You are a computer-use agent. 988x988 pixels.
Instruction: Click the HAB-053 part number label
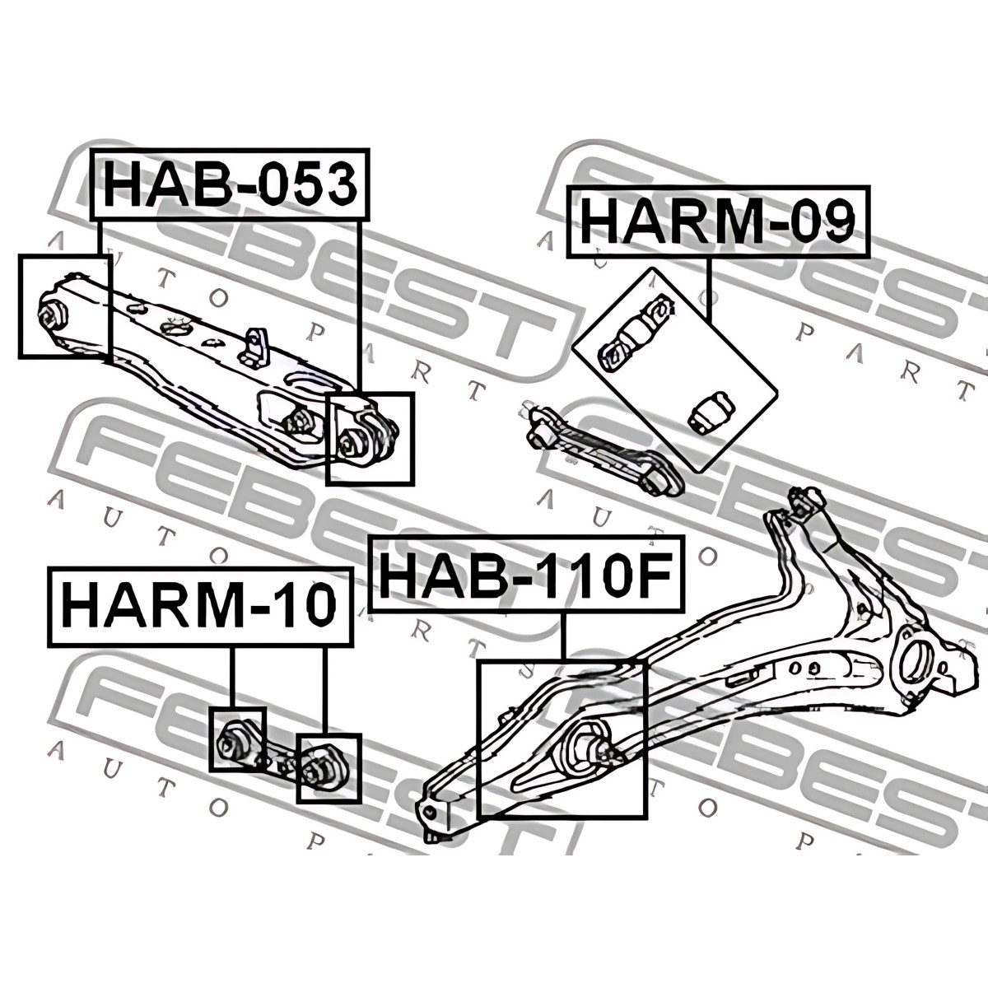(231, 184)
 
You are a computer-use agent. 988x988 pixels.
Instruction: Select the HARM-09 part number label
(718, 221)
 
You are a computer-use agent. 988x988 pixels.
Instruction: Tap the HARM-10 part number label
(200, 607)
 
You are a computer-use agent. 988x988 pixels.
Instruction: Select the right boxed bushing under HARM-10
(324, 769)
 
